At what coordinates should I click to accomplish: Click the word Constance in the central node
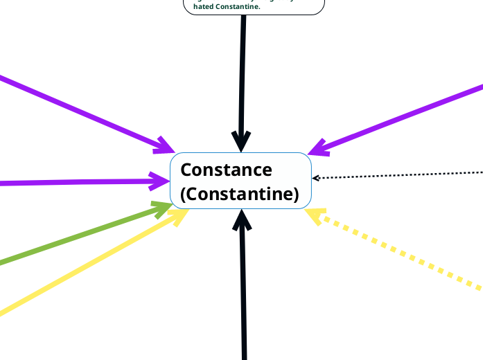tap(226, 170)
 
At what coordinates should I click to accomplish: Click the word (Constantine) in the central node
tap(239, 195)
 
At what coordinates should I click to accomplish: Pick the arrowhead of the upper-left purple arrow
tap(166, 146)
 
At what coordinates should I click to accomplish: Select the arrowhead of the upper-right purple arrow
tap(317, 147)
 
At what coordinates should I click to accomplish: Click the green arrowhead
tap(164, 209)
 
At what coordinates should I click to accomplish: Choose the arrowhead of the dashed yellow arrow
tap(314, 215)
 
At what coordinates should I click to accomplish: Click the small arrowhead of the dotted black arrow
tap(315, 178)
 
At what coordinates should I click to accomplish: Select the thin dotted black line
tap(402, 174)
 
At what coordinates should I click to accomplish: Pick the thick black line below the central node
tap(243, 298)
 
